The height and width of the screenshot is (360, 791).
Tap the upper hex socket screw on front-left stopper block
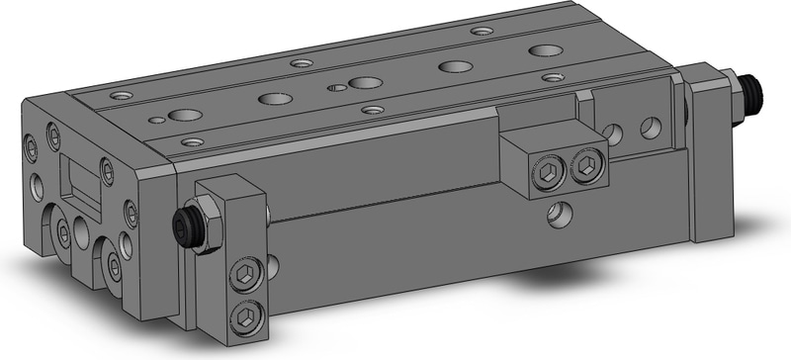[x=244, y=277]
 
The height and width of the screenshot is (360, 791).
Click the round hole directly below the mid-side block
[x=560, y=213]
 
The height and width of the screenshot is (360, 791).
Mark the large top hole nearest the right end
[x=541, y=49]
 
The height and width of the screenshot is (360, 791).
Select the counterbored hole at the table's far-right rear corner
[x=482, y=31]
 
